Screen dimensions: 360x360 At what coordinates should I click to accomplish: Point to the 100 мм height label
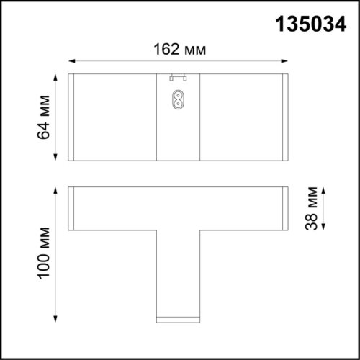[45, 253]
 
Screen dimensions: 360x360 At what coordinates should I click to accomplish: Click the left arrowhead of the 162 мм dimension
[72, 63]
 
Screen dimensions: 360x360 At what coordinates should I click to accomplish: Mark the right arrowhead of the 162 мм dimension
[287, 63]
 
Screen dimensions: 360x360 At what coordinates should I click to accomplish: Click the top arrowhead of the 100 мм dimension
[56, 189]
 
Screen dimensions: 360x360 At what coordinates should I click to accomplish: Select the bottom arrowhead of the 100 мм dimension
[56, 319]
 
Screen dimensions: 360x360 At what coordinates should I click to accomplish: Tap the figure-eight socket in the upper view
[179, 99]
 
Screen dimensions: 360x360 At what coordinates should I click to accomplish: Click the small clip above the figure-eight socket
[179, 77]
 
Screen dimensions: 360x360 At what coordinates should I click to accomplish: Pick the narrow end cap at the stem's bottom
[179, 317]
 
